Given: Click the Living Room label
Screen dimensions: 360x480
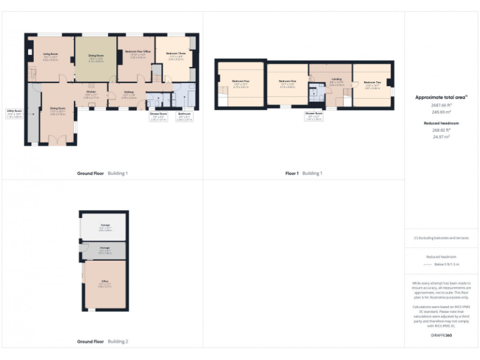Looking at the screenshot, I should [x=51, y=56].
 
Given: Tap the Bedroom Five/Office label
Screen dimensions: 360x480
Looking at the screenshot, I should [x=137, y=52].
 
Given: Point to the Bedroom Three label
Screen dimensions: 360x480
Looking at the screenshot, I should [x=176, y=55].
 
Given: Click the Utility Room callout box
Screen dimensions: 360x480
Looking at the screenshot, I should [x=14, y=114].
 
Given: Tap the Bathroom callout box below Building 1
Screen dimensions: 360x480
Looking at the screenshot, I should [x=184, y=116].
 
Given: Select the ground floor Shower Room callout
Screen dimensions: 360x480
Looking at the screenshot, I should [x=158, y=116].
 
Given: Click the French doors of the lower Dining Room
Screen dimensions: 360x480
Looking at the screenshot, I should [x=57, y=141].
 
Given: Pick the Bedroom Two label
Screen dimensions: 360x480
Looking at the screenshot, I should [x=372, y=84].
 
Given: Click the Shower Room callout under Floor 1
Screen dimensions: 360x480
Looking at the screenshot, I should [x=314, y=116].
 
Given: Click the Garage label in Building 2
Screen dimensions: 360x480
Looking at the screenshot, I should [x=105, y=226].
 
